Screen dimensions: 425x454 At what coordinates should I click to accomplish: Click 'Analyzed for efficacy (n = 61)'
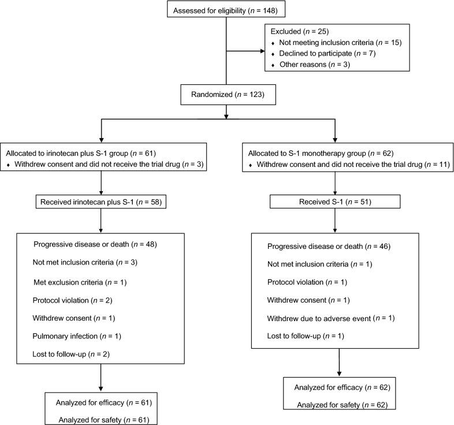pos(102,402)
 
